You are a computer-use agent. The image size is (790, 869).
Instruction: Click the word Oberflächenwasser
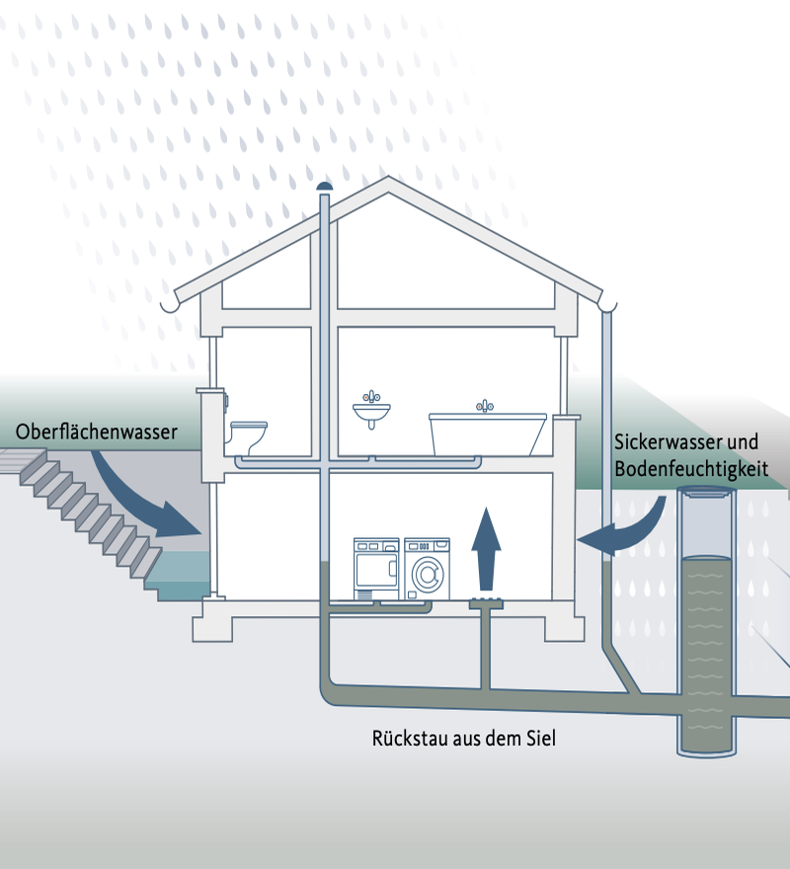(97, 432)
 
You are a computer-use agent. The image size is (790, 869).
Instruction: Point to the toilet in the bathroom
(248, 435)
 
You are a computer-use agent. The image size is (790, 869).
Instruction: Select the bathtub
(487, 434)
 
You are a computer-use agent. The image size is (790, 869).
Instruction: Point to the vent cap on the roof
(324, 187)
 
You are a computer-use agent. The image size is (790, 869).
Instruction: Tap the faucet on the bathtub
(485, 406)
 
